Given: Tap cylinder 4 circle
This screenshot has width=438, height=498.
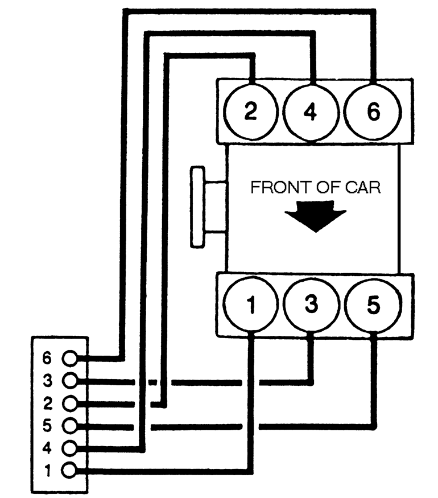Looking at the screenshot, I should coord(309,112).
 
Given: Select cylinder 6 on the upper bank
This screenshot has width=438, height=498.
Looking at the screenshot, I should coord(372,112).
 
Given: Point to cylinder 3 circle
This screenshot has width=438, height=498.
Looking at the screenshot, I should coord(310,306).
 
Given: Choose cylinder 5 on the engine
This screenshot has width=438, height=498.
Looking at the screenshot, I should coord(372,306).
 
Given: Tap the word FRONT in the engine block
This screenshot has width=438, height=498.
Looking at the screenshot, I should coord(276,188).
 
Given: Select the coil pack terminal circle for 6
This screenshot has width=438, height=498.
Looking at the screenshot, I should coord(70,359).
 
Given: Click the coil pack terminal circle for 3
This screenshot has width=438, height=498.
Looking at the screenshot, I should coord(70,380).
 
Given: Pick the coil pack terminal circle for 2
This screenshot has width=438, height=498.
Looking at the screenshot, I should coord(70,404).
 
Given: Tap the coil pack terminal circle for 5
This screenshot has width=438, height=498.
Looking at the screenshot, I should coord(70,426).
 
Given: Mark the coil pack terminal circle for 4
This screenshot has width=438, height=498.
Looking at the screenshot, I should coord(70,448).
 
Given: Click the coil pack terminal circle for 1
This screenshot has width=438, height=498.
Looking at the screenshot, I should coord(70,470).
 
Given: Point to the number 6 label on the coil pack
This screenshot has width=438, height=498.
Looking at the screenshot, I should coord(47,359).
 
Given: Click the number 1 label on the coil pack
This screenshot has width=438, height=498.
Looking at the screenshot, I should coord(47,470).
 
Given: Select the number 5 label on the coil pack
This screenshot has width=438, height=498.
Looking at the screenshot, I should coord(47,426).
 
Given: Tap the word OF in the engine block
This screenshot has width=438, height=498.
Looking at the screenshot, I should coord(325,188).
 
